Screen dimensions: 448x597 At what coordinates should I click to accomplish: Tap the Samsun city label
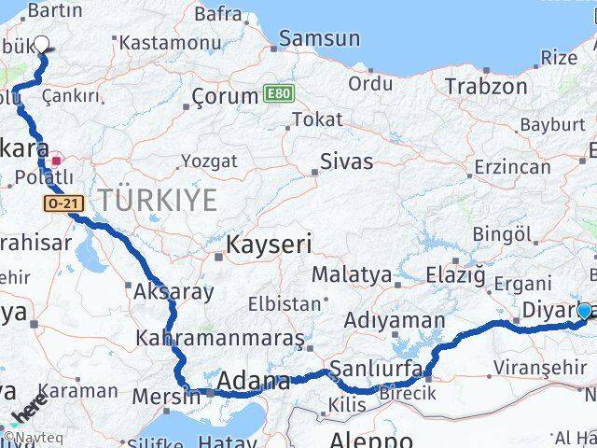coord(319,38)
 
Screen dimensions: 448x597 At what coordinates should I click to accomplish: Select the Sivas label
coord(346,161)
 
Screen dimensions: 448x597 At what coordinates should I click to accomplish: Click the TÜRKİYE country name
coord(159,199)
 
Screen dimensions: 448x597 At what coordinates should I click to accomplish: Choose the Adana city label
coord(253,382)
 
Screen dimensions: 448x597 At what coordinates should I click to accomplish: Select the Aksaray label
coord(174,291)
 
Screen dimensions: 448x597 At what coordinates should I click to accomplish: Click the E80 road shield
coord(277,94)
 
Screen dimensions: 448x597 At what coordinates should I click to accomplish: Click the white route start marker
coord(42,44)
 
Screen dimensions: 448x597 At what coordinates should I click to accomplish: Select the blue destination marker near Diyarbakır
coord(585,312)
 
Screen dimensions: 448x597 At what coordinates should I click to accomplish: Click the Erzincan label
coord(512,167)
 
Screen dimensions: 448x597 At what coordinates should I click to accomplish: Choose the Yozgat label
coord(209,161)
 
